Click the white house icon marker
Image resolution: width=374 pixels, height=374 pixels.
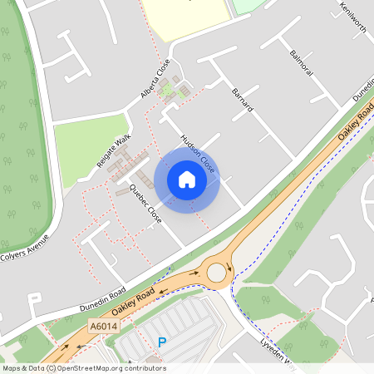click(x=187, y=180)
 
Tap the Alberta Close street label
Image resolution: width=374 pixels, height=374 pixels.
click(x=155, y=79)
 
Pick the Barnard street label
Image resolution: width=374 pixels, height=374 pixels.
click(x=242, y=101)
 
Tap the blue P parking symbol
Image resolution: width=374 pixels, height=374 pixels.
click(x=162, y=341)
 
